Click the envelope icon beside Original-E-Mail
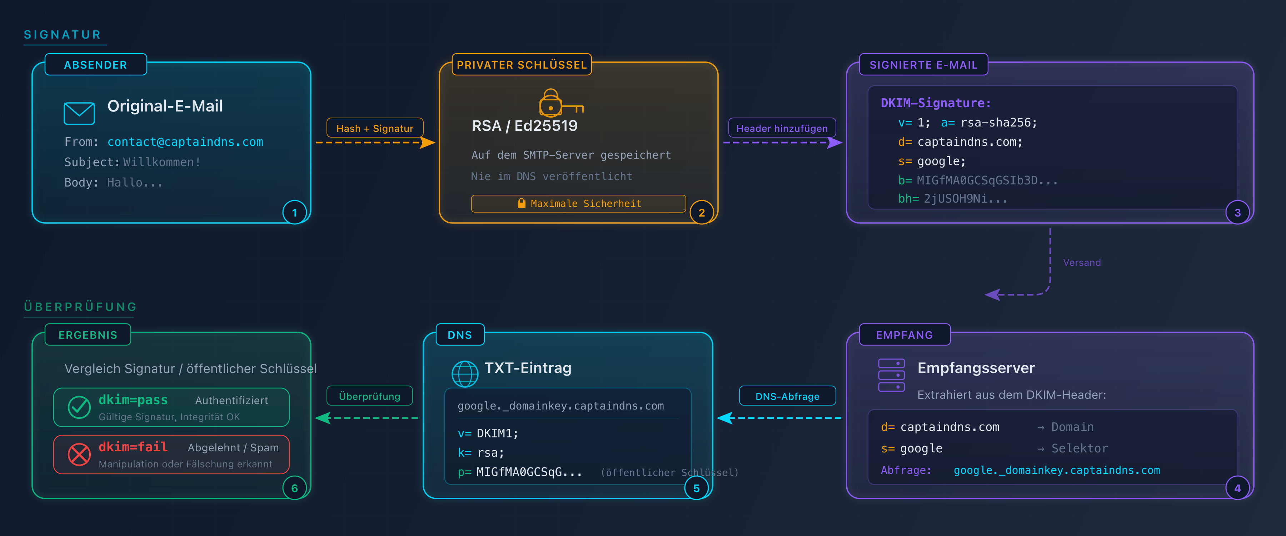click(x=79, y=113)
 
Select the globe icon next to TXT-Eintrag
click(x=465, y=374)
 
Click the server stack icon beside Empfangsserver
click(x=891, y=375)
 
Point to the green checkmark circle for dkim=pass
click(x=79, y=407)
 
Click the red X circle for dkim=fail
click(x=79, y=454)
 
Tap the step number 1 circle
click(x=295, y=213)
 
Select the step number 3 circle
click(x=1237, y=213)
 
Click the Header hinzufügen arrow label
click(x=782, y=128)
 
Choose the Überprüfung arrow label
click(x=369, y=396)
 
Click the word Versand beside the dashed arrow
click(x=1081, y=263)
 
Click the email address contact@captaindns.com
click(x=185, y=142)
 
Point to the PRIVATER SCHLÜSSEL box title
click(x=521, y=65)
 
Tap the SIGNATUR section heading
click(x=63, y=34)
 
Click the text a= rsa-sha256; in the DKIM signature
click(x=988, y=122)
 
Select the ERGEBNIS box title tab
click(x=88, y=335)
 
